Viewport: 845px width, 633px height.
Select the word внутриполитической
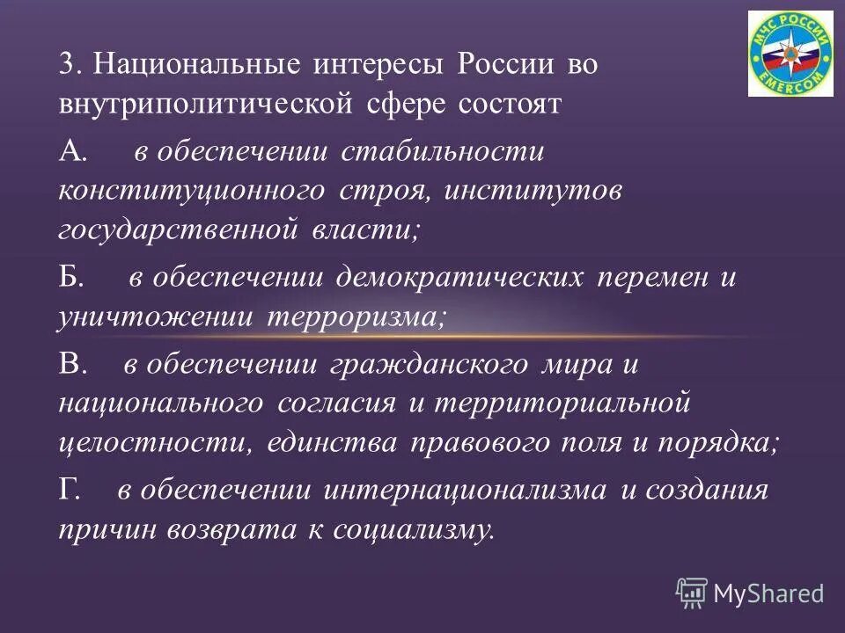pos(206,105)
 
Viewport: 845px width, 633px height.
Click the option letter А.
pos(72,151)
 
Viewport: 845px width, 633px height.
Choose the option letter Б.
pos(71,279)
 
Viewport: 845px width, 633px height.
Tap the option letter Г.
pos(70,490)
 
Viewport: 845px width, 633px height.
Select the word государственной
pos(180,231)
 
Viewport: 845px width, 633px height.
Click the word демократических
pos(459,279)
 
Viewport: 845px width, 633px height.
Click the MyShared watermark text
pos(768,593)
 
